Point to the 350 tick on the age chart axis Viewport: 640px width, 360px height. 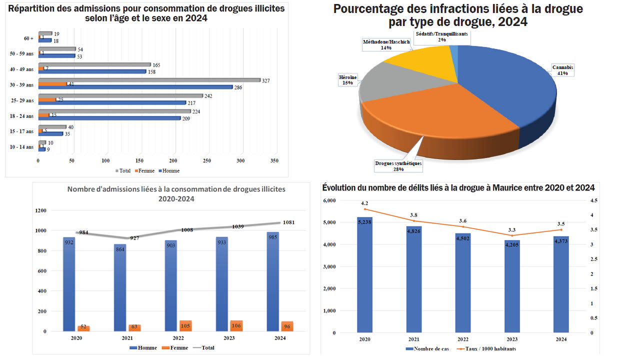(x=274, y=161)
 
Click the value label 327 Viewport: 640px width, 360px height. (x=266, y=80)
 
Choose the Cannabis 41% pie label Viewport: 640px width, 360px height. (x=563, y=69)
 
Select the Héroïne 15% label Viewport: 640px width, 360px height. (x=348, y=80)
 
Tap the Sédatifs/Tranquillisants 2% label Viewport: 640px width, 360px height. (x=441, y=36)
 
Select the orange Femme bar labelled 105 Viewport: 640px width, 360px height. (x=185, y=326)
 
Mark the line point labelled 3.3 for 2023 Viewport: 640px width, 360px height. (x=511, y=235)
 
